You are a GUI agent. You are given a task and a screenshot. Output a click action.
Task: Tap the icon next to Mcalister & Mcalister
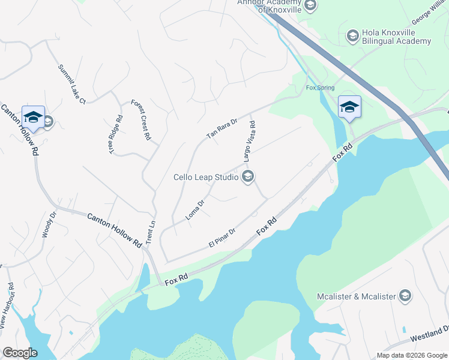pyautogui.click(x=406, y=296)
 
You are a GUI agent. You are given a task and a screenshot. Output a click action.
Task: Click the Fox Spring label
pyautogui.click(x=319, y=87)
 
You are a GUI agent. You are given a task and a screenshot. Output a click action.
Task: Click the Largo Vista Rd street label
pyautogui.click(x=250, y=142)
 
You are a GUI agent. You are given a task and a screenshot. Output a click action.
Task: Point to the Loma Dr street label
pyautogui.click(x=196, y=210)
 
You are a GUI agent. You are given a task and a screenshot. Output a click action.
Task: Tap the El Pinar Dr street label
pyautogui.click(x=221, y=238)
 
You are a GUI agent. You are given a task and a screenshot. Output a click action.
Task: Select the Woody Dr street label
pyautogui.click(x=49, y=224)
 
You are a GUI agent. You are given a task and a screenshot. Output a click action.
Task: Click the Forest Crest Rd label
pyautogui.click(x=140, y=119)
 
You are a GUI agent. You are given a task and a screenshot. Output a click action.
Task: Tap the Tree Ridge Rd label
pyautogui.click(x=116, y=134)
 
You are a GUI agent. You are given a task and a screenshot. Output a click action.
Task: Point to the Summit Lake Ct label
pyautogui.click(x=72, y=84)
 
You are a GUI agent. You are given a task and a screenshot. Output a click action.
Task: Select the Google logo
pyautogui.click(x=20, y=353)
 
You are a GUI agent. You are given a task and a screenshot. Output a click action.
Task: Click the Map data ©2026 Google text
pyautogui.click(x=411, y=355)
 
